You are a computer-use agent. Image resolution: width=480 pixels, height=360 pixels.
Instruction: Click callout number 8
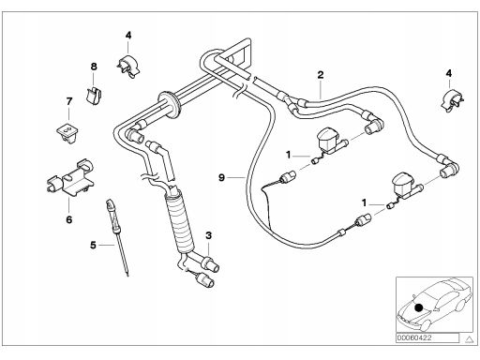pos(94,67)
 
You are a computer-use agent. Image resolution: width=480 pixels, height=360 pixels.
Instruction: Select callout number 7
pos(69,101)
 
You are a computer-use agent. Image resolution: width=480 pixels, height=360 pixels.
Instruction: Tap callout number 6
pos(69,219)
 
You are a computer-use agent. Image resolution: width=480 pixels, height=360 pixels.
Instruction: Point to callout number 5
pos(93,246)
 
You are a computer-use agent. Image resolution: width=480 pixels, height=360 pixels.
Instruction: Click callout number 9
pos(221,177)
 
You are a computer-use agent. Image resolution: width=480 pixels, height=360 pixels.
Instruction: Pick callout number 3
pos(208,235)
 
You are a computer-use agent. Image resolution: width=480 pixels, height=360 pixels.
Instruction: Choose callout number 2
pos(321,75)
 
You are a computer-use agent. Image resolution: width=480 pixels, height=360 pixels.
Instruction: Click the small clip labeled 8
pos(94,96)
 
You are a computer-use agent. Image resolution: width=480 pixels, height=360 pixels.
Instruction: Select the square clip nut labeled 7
pos(67,132)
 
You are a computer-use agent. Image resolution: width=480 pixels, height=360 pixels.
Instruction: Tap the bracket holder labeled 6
pos(71,178)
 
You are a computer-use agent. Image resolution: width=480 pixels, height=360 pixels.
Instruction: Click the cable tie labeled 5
pos(118,237)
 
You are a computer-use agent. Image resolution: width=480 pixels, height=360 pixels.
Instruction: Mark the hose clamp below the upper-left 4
pos(128,67)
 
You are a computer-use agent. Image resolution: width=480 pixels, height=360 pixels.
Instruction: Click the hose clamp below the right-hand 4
pos(452,100)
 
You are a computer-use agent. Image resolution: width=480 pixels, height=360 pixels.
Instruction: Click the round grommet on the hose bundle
pos(169,104)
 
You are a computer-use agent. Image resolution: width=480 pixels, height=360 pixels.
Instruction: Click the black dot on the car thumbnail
pos(419,307)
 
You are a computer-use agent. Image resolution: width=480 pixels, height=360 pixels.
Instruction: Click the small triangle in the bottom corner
pos(469,338)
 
